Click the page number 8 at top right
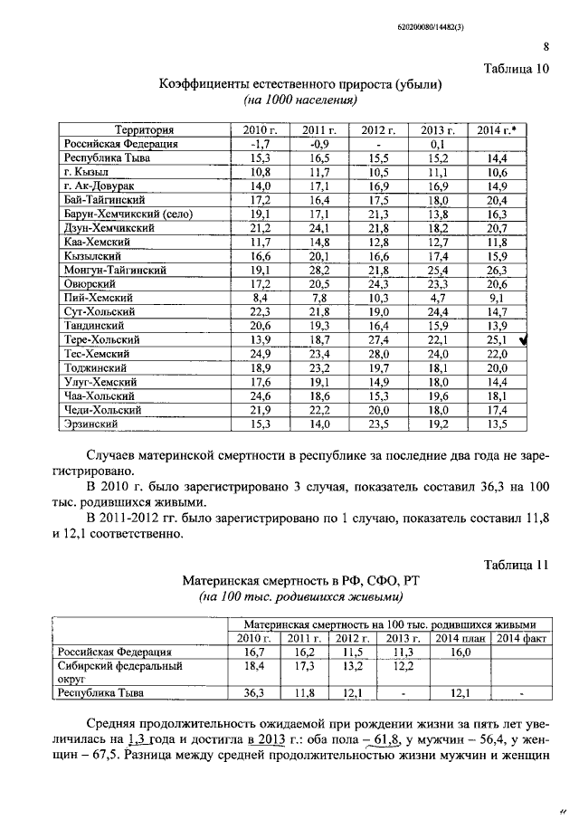[x=546, y=48]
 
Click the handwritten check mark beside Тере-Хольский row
[x=535, y=339]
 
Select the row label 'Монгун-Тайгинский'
[x=115, y=270]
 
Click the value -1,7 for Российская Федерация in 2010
[x=260, y=144]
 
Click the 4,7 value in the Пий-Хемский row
[x=437, y=298]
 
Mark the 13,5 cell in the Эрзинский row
[x=496, y=423]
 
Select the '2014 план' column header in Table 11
[x=457, y=638]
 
